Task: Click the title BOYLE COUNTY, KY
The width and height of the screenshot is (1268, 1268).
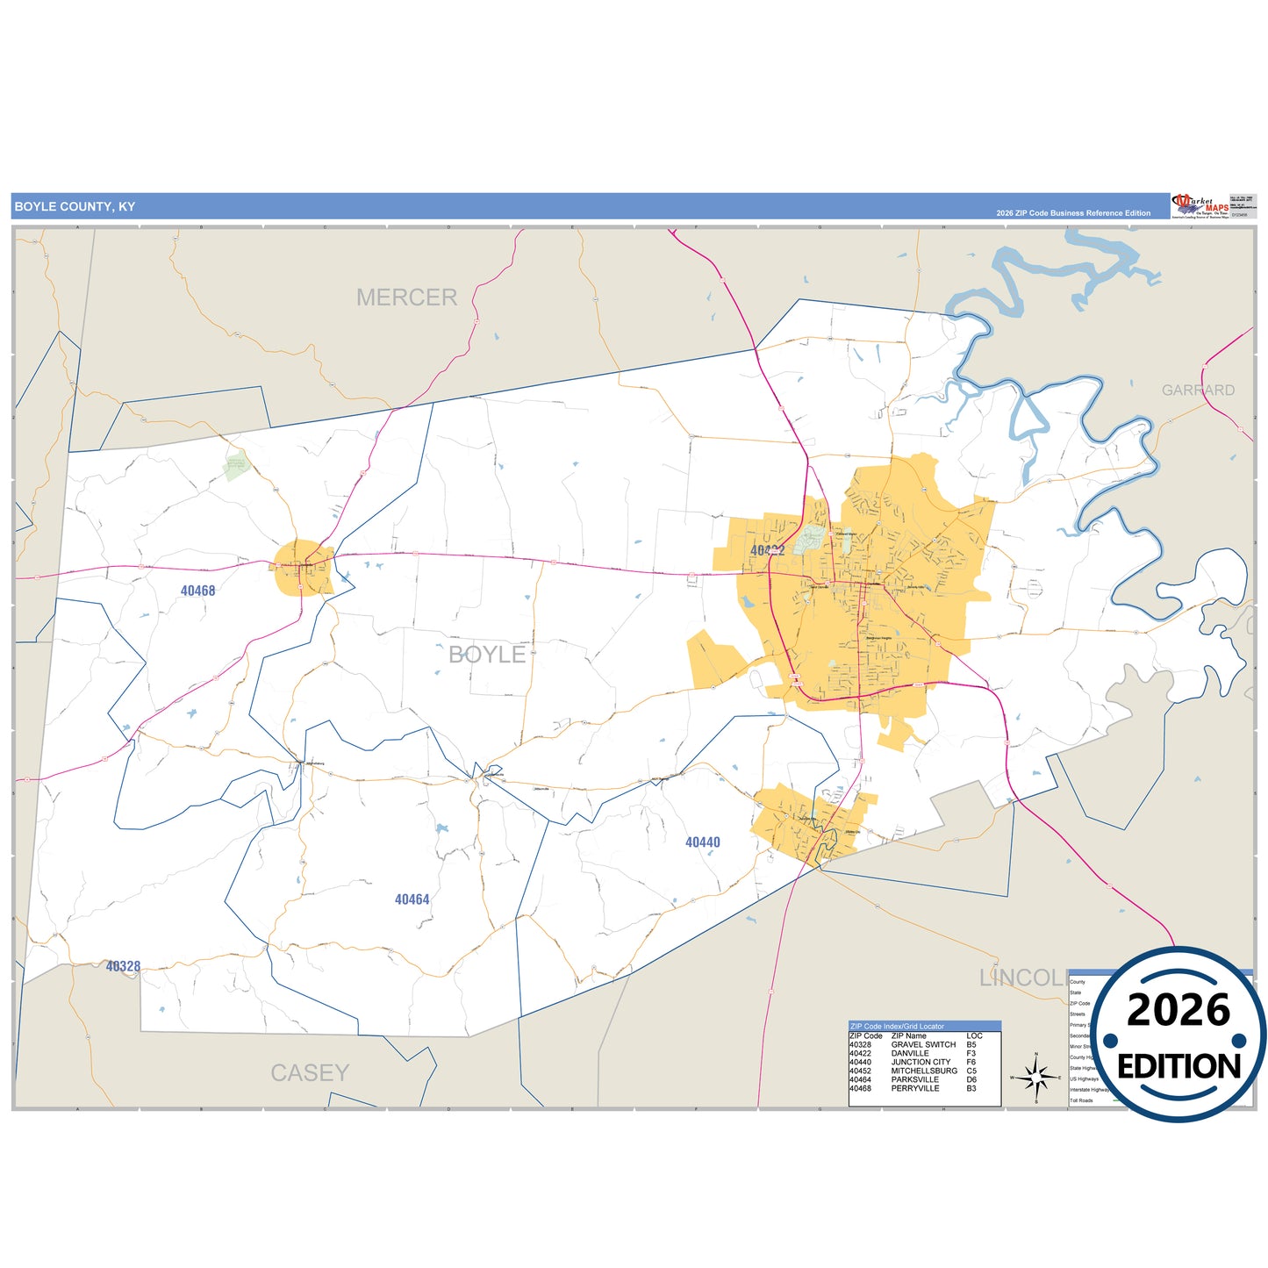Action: (75, 207)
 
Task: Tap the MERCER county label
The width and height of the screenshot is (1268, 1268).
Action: (406, 297)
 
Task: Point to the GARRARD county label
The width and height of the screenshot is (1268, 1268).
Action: (1198, 390)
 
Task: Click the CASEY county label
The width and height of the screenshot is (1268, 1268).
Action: (310, 1072)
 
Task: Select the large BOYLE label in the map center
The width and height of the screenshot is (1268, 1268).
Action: (487, 655)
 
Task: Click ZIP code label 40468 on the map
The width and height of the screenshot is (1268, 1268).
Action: (197, 591)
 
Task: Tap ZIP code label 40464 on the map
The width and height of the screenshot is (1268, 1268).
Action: (412, 899)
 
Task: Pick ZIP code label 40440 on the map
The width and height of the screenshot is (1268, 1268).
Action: (702, 842)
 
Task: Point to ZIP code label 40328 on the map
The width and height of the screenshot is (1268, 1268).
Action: (123, 966)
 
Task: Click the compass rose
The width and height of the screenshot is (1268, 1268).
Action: (1036, 1076)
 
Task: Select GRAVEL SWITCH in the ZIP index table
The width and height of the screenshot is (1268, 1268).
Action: (923, 1045)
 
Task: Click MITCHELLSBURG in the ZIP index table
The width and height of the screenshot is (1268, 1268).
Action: (924, 1071)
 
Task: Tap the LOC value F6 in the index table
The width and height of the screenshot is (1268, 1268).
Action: (971, 1063)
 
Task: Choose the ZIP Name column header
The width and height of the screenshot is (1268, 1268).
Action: (909, 1036)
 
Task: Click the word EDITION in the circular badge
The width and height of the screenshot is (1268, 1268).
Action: (1178, 1066)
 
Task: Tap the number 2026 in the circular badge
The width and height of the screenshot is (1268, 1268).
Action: (1178, 1011)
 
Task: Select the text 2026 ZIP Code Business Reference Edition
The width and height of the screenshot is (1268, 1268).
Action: (1072, 213)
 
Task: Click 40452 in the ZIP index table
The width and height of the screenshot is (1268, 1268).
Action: (860, 1071)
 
